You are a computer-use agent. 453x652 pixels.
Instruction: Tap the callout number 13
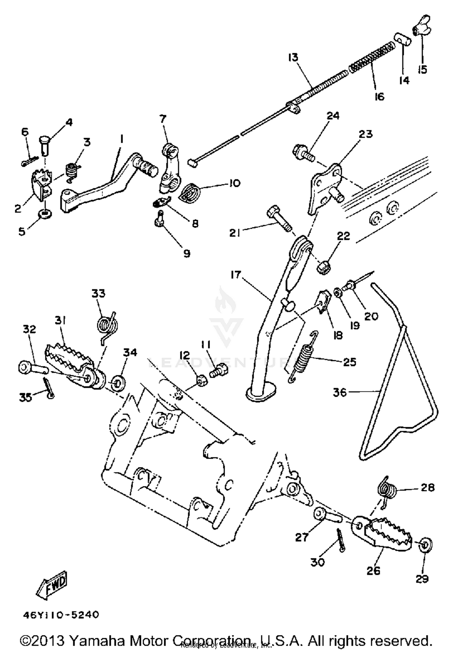tap(293, 57)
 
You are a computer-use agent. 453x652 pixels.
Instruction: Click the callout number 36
tap(340, 392)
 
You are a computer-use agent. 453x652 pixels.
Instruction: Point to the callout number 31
tap(60, 320)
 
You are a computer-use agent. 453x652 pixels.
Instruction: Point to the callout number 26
tap(373, 570)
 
